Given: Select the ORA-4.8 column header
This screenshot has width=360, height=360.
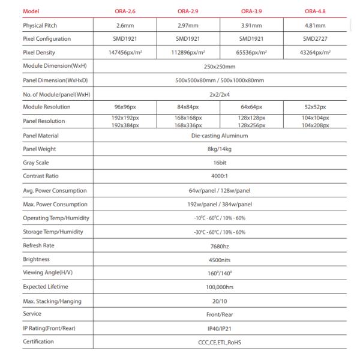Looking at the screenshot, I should pos(314,11).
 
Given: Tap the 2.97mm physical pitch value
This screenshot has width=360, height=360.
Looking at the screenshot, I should pos(187,25).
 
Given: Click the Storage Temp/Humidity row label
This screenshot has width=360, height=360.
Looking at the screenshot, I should pos(53,232).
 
